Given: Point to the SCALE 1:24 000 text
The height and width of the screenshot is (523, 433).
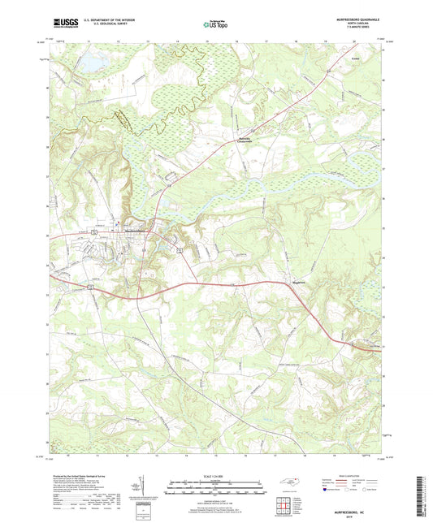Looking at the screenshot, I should click(215, 475).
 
